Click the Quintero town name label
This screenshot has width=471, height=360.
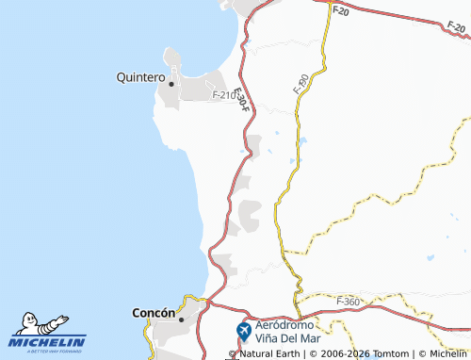coord(140,77)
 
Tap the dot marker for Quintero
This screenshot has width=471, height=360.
coord(171,83)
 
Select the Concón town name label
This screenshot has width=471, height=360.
coord(154,313)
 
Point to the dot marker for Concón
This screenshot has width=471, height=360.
coord(182,319)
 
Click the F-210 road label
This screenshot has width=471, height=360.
coord(224,95)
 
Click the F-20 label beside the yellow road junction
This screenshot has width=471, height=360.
coord(340,11)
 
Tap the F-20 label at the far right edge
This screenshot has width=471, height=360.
coord(461,30)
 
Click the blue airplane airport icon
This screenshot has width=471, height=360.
coord(243,331)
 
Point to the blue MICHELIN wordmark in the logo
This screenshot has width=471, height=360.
coord(48,343)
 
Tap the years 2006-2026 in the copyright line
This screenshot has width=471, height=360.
coord(338,354)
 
